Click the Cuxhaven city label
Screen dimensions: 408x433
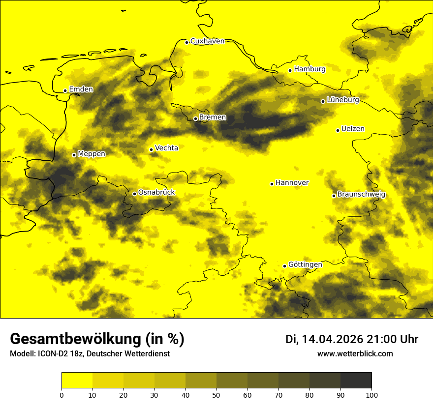tap(207, 41)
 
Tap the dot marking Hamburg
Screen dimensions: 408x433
tap(290, 70)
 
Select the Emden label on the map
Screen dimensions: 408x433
tap(81, 89)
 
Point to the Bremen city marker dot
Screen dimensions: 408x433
tap(195, 118)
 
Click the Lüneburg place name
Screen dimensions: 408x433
tap(343, 100)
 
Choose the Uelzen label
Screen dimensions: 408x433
tap(353, 129)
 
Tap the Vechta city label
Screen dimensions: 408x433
tap(166, 148)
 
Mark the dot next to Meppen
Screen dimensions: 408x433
tap(74, 155)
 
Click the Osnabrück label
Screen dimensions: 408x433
tap(156, 193)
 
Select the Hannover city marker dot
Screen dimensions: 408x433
tap(272, 184)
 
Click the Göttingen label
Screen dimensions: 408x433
tap(305, 265)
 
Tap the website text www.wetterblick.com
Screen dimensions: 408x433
tap(355, 354)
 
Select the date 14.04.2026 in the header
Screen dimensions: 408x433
tap(332, 339)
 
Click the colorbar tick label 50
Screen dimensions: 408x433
tap(216, 395)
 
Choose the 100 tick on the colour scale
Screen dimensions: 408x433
tap(371, 395)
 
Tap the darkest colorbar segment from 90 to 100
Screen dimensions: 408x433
tap(356, 380)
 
